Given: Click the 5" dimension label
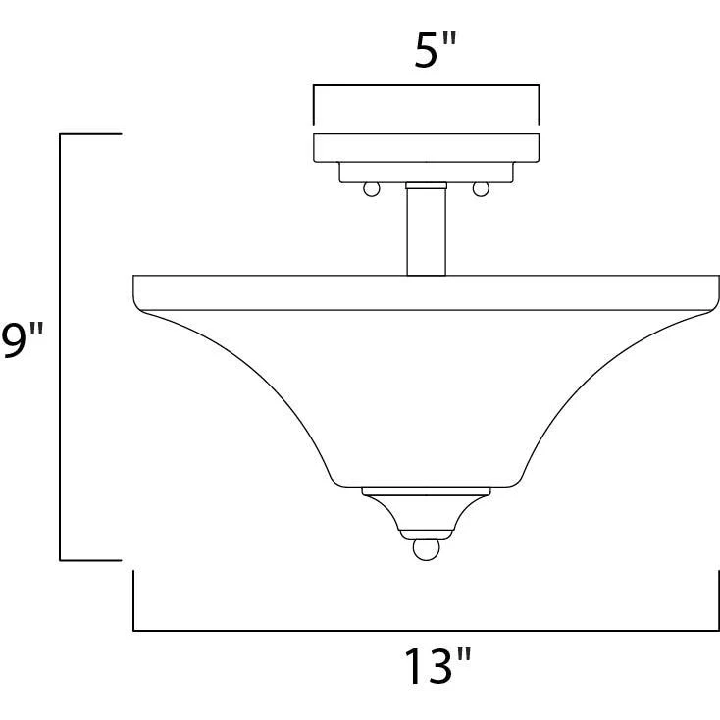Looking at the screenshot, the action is (436, 50).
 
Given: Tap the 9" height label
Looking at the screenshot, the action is (22, 339).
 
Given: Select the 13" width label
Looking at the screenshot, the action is (437, 666).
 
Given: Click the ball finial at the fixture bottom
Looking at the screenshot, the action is (426, 549).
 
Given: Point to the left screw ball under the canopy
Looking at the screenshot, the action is (372, 189).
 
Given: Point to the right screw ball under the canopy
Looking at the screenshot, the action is (481, 189).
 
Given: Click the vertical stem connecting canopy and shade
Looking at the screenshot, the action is (426, 231).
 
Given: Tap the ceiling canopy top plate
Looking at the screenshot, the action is (426, 148).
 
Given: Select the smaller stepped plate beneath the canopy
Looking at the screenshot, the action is (426, 173).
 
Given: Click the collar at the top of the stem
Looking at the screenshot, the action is (426, 185).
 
